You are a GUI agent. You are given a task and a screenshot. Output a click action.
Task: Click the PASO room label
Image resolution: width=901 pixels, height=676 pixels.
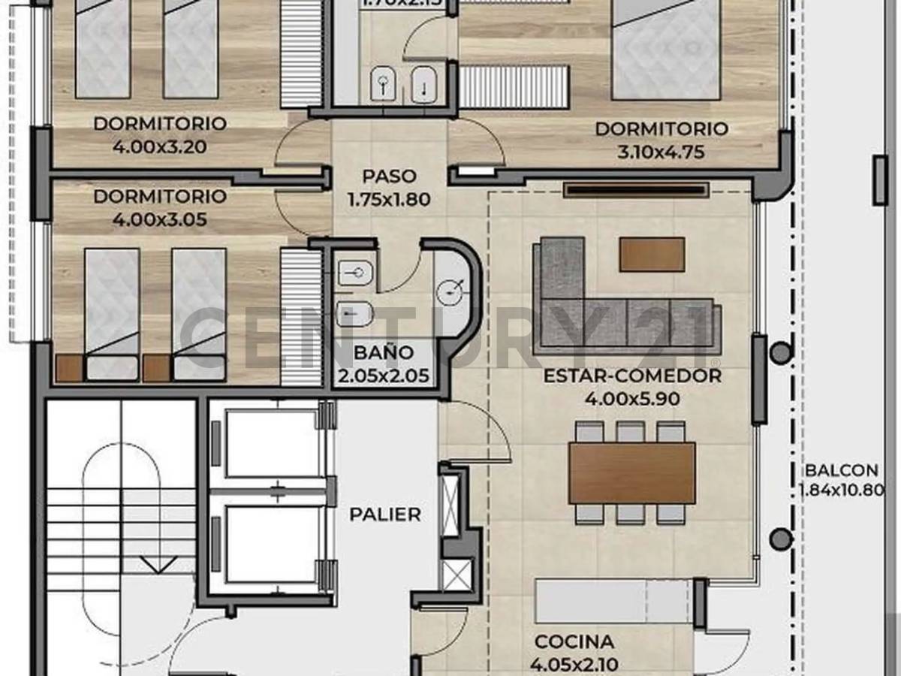click(x=388, y=177)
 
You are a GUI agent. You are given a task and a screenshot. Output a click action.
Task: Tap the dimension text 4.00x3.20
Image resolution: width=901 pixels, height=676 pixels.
click(x=159, y=147)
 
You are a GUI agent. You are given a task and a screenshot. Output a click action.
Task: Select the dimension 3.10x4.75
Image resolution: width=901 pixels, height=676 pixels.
click(x=661, y=153)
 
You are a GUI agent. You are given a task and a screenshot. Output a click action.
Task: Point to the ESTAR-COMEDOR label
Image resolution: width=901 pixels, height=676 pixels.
click(x=631, y=376)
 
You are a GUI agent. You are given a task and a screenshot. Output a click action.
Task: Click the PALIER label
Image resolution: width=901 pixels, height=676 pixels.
click(x=384, y=515)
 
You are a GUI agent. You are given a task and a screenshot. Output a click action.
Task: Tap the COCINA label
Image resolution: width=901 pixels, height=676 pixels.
click(x=574, y=642)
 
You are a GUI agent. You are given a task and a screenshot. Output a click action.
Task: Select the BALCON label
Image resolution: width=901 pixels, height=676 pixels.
click(x=841, y=471)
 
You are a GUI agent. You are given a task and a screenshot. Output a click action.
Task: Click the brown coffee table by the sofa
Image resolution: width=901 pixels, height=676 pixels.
click(x=652, y=255)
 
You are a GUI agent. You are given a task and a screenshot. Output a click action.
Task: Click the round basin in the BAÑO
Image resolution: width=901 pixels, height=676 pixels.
click(x=454, y=288)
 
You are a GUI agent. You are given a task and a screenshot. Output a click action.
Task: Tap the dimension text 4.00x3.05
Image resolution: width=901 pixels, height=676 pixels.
click(x=159, y=220)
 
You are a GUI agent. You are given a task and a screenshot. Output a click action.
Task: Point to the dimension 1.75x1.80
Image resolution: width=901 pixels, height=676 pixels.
click(x=388, y=201)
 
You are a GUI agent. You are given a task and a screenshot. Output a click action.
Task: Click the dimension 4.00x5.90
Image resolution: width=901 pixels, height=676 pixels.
click(x=631, y=400)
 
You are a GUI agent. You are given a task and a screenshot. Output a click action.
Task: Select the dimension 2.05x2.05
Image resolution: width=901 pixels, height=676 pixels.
click(x=384, y=375)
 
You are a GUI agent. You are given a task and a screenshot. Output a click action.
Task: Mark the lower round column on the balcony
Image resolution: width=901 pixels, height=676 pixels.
click(x=782, y=538)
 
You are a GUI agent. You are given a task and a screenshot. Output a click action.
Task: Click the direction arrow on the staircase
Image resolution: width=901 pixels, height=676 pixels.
click(x=158, y=566)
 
